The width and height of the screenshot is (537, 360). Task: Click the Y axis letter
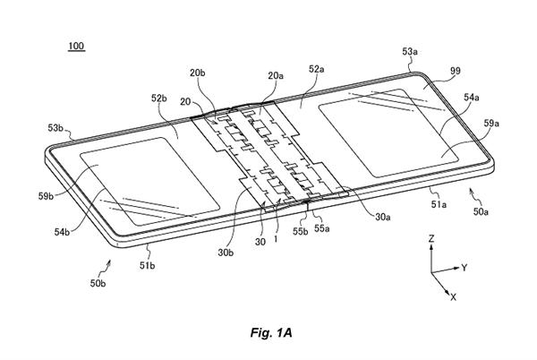(465, 268)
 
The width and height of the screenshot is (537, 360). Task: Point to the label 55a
(320, 228)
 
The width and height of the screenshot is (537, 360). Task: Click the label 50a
(481, 210)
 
